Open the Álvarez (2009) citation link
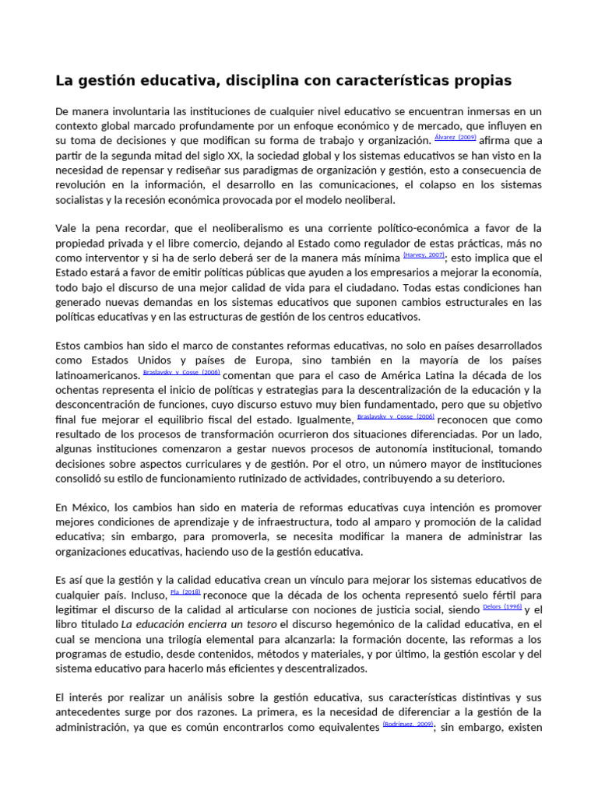coord(454,137)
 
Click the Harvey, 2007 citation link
coord(424,255)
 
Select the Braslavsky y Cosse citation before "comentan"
coord(181,373)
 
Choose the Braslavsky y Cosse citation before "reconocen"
coord(396,416)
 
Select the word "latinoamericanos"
coord(97,375)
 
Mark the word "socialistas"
coord(83,199)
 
